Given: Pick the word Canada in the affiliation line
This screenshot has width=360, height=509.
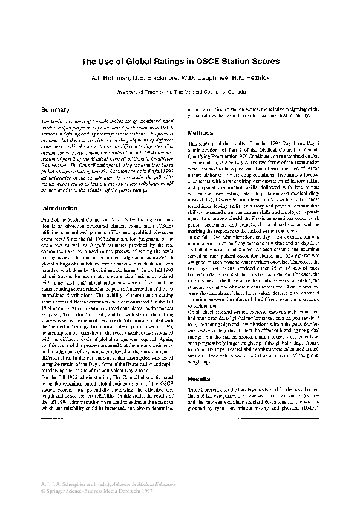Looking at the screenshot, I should click(x=238, y=92).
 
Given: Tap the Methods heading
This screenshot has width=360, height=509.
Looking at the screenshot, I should click(x=200, y=132).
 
